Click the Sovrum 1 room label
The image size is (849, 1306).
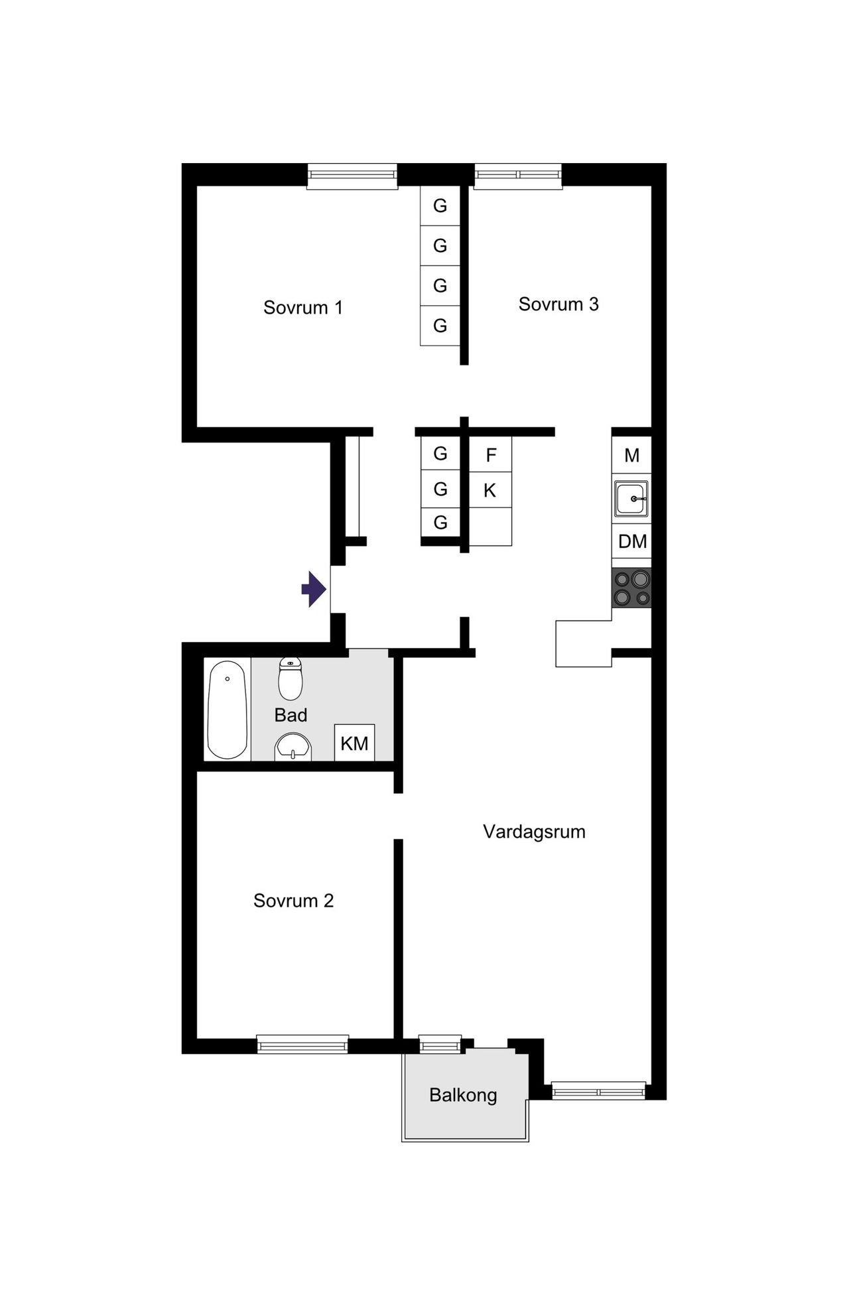tap(303, 308)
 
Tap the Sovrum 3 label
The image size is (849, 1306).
tap(558, 304)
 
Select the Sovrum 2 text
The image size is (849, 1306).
tap(293, 901)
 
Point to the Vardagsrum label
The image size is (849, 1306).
tap(534, 832)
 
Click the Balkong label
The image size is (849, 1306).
tap(463, 1095)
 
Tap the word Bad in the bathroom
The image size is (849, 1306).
tap(291, 715)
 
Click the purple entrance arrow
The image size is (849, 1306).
tap(313, 589)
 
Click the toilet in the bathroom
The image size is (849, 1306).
tap(291, 679)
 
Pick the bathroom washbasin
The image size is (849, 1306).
tap(293, 747)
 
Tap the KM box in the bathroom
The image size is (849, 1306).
tap(354, 743)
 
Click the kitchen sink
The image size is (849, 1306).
tap(631, 498)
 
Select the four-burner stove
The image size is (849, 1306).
tap(631, 588)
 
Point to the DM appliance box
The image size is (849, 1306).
tap(632, 541)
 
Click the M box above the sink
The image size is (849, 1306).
tap(631, 456)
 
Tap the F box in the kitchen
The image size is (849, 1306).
tap(491, 455)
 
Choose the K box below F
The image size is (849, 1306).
tap(490, 490)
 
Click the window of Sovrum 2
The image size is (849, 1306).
tap(302, 1045)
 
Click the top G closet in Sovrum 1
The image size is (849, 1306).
tap(440, 206)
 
